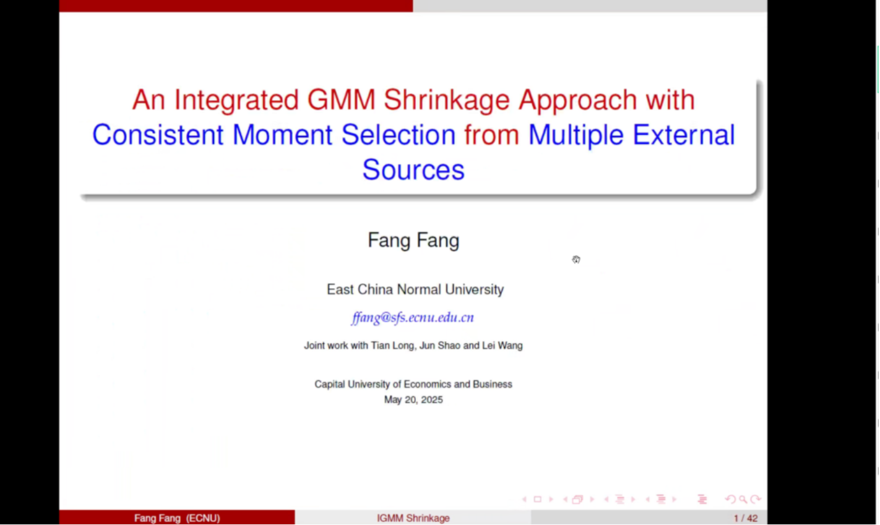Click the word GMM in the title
(x=341, y=100)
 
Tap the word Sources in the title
(x=413, y=169)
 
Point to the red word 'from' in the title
(x=491, y=135)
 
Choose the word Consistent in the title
(x=158, y=135)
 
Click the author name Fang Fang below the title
(x=413, y=241)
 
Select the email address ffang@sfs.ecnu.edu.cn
(x=413, y=317)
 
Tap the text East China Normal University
(x=415, y=289)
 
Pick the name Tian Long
(x=392, y=346)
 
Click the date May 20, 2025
(x=413, y=399)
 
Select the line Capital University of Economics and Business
(x=413, y=384)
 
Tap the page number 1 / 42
(x=745, y=518)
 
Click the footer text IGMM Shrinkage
(x=413, y=518)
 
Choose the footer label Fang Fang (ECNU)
(x=177, y=518)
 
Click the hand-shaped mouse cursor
(x=576, y=260)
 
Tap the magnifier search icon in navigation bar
(x=743, y=500)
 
